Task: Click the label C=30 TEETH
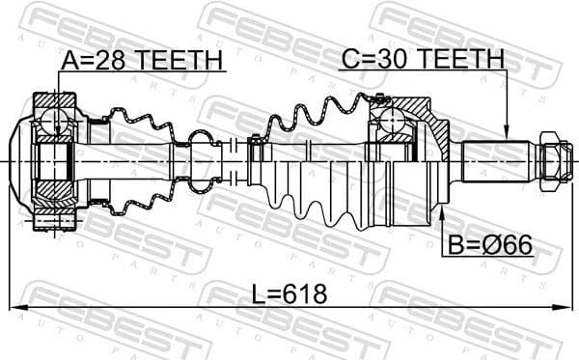pos(422,60)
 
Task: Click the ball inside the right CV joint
pos(394,122)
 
